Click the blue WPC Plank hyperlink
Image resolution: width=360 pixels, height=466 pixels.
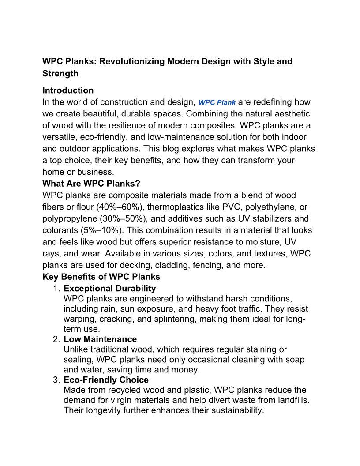point(217,102)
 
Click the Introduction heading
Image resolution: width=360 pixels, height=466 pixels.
point(68,90)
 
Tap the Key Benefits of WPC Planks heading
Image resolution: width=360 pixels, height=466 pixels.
point(101,277)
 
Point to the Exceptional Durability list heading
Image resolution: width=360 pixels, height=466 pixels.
point(109,288)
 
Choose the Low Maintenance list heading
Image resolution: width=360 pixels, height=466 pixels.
point(100,339)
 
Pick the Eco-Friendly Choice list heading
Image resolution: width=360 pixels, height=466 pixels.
point(106,380)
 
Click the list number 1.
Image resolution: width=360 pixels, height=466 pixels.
point(56,289)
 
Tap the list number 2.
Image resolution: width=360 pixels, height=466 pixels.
point(56,339)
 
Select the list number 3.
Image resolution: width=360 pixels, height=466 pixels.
point(56,380)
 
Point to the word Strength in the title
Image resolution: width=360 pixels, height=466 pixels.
point(60,74)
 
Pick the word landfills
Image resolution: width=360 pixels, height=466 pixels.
point(289,400)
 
